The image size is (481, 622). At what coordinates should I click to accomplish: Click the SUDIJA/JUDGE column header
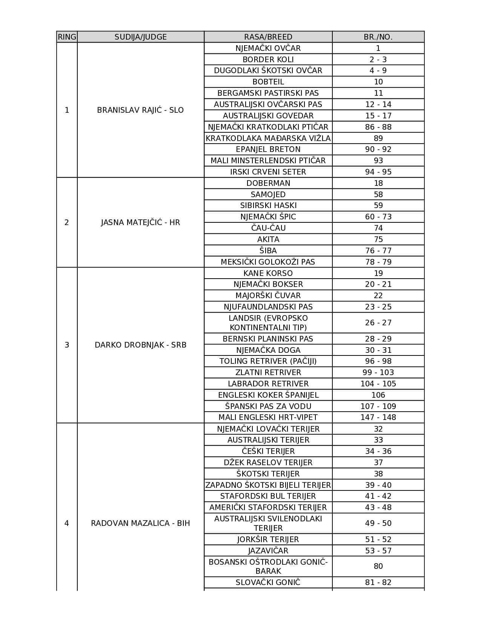click(140, 37)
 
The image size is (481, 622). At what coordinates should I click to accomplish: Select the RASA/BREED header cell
click(268, 37)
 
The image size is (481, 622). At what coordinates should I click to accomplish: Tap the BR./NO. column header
click(378, 37)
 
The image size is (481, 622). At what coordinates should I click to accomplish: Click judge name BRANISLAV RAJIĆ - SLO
click(140, 110)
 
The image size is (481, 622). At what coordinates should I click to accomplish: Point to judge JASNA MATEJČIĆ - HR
click(140, 222)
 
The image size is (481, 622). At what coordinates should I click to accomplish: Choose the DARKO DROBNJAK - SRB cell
click(140, 345)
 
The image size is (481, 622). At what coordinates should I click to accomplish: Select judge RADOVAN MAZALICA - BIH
click(140, 523)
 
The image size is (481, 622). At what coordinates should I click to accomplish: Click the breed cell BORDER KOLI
click(268, 60)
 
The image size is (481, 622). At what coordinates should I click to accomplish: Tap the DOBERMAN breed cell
click(268, 183)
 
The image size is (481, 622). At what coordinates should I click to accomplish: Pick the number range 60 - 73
click(378, 217)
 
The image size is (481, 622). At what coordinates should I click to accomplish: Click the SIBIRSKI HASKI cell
click(268, 205)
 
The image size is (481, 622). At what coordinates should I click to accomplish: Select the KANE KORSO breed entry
click(268, 273)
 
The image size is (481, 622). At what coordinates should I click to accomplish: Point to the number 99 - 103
click(378, 372)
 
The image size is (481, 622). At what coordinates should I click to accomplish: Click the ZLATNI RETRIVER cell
click(268, 372)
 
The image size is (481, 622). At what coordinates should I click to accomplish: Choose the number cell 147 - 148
click(378, 417)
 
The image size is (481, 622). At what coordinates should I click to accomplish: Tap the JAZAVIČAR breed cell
click(268, 551)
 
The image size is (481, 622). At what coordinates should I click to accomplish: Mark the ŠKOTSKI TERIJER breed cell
click(268, 474)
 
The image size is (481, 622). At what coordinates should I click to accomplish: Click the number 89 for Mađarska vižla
click(378, 138)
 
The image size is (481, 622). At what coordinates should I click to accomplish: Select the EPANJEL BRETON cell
click(268, 149)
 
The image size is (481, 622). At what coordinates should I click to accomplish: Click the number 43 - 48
click(378, 507)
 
